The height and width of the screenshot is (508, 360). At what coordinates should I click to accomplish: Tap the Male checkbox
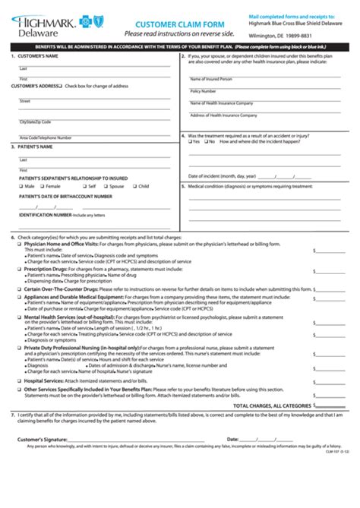coord(21,186)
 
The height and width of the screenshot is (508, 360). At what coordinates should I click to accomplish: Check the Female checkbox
coord(42,186)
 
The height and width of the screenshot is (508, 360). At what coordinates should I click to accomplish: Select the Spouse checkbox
coord(106,186)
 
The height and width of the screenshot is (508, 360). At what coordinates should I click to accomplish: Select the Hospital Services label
coord(43,380)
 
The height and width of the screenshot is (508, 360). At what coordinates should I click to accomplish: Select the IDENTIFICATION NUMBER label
coord(45,215)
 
